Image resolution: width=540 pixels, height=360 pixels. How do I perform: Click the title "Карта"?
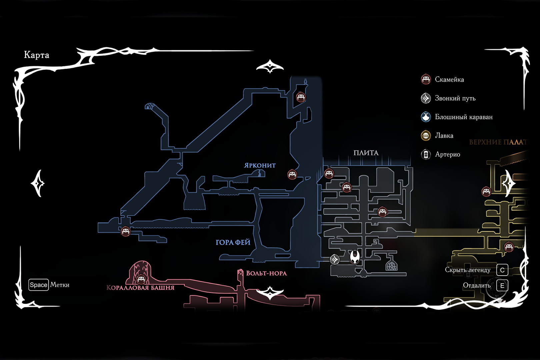(37, 55)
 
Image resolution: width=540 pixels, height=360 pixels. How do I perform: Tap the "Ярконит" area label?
(260, 165)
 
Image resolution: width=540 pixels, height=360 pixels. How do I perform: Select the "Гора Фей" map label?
(233, 242)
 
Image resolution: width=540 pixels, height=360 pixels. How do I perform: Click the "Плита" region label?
(366, 153)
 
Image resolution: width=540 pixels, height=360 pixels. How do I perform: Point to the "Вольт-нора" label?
(266, 273)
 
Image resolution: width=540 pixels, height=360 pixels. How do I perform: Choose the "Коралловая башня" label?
(140, 288)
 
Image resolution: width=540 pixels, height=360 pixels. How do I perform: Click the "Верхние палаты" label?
(498, 142)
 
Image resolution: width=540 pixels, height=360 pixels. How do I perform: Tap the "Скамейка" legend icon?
(426, 80)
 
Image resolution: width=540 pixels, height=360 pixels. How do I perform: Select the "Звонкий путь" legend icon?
(426, 98)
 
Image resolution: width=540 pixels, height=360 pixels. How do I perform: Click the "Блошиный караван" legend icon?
(426, 117)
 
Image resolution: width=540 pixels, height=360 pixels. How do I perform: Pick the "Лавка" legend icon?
(426, 136)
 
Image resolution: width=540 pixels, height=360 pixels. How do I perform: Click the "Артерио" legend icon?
(426, 154)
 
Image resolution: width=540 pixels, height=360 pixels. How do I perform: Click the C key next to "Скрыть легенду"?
(502, 270)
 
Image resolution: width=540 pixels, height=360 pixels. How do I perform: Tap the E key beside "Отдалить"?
(502, 286)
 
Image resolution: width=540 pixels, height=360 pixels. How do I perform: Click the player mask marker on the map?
(355, 257)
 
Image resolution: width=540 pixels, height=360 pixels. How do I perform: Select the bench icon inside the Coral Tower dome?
(141, 278)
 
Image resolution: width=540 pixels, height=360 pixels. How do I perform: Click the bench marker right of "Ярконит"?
(292, 174)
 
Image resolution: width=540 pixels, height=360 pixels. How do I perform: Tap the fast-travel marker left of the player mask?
(335, 259)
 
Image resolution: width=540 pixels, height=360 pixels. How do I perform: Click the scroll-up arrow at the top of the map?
(270, 66)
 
